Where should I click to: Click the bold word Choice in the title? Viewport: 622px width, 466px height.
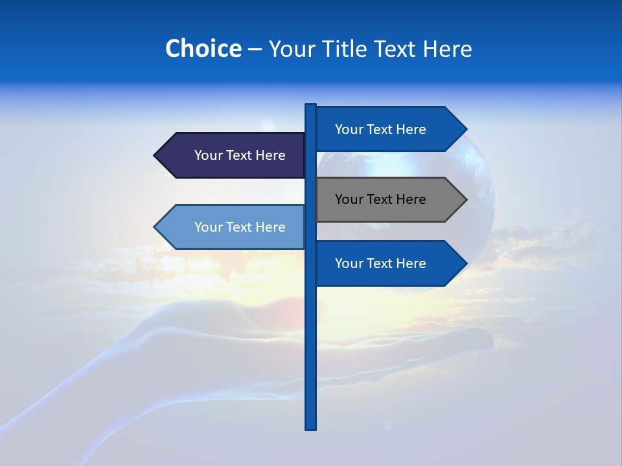click(203, 49)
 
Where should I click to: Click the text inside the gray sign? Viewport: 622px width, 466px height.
click(380, 199)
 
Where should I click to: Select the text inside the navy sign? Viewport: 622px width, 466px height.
click(240, 155)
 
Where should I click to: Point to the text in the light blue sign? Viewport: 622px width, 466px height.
click(240, 227)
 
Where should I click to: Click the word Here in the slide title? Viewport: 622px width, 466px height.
click(447, 49)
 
